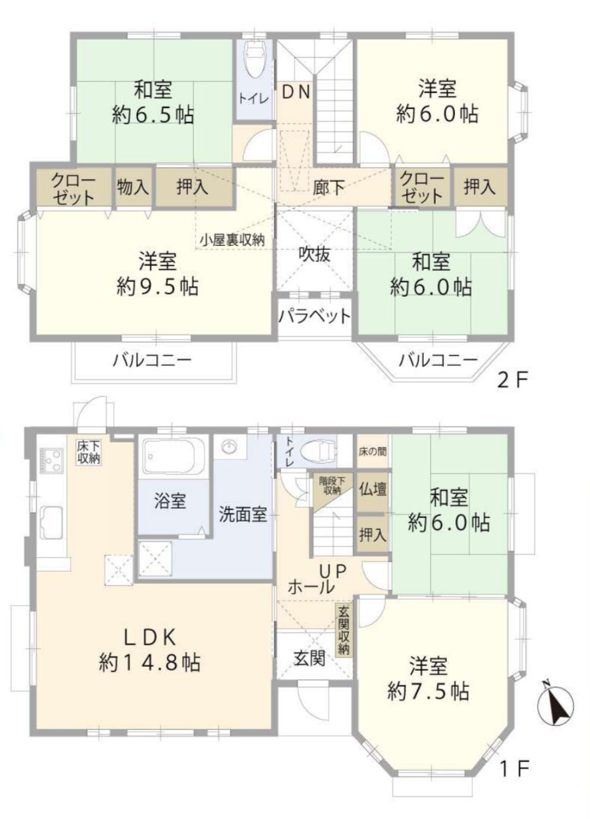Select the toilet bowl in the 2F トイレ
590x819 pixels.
coord(254,64)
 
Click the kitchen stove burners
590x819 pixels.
coord(50,459)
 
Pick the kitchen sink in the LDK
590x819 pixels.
coord(50,521)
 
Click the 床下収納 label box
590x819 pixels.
coord(88,452)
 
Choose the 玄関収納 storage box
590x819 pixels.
coord(344,630)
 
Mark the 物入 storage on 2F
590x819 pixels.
coord(134,187)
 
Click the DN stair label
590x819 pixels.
coord(294,92)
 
